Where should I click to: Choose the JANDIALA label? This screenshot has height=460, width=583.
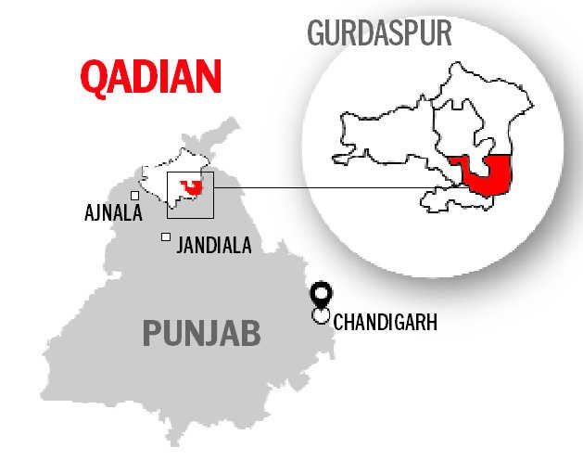click(x=213, y=246)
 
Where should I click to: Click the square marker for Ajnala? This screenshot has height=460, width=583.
click(x=135, y=196)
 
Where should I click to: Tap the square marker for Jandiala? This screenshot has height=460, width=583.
click(x=166, y=237)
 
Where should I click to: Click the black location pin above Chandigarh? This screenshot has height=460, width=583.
click(x=321, y=295)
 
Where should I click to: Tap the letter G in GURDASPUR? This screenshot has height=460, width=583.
click(x=315, y=32)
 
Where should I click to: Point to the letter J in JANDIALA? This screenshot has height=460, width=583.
click(x=179, y=246)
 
